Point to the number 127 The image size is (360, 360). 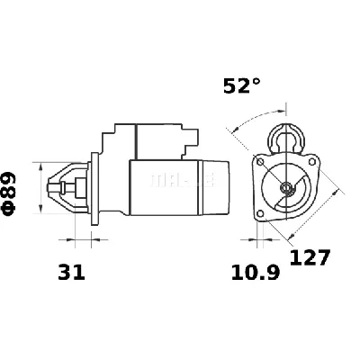coord(310,257)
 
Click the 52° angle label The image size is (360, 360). coord(242,87)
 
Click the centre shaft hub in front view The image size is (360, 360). coord(287,188)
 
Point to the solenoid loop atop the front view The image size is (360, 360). coord(289,137)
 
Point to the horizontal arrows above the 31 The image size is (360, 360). coord(79,240)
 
